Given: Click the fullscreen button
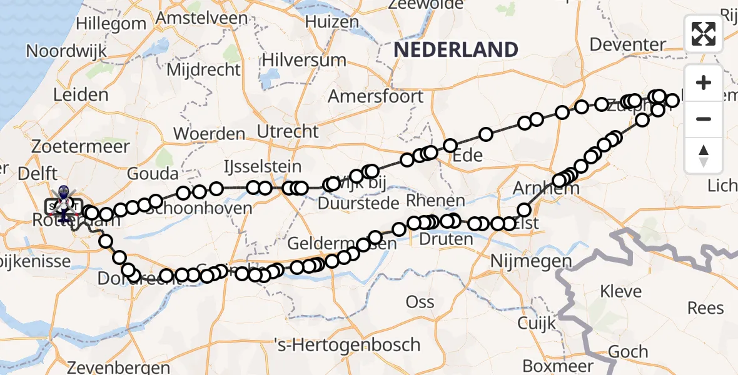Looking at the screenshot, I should (x=704, y=34).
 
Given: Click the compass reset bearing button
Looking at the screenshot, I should (x=704, y=156).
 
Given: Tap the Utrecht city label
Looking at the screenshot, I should (x=288, y=131).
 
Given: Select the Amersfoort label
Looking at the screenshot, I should (x=375, y=97).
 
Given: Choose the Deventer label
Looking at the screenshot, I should (x=627, y=44).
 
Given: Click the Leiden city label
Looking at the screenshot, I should (x=81, y=95).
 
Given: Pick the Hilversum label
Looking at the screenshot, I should (x=304, y=61).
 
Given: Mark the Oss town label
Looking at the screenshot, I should (x=420, y=302).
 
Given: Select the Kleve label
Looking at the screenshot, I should (x=620, y=291).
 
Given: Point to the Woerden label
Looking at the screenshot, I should (x=209, y=134).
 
